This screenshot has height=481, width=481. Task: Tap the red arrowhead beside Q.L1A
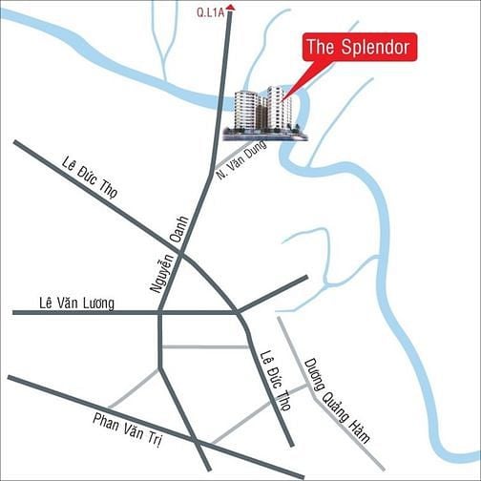click(x=230, y=8)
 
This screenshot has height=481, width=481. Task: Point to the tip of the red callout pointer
click(x=283, y=97)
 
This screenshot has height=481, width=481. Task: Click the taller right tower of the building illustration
click(x=279, y=107)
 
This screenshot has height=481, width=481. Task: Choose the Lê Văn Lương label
click(x=76, y=303)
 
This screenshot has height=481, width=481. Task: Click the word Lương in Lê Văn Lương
click(x=97, y=303)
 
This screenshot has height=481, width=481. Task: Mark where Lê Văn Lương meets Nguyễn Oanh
click(x=159, y=311)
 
